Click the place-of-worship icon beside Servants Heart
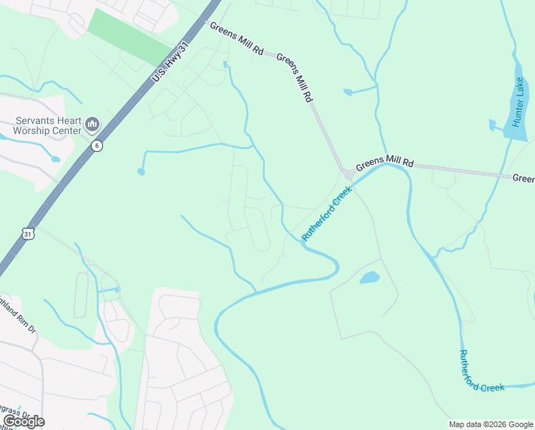pyautogui.click(x=92, y=125)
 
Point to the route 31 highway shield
pyautogui.click(x=28, y=234)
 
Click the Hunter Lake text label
pyautogui.click(x=520, y=100)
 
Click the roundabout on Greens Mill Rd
pyautogui.click(x=349, y=173)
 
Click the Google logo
pyautogui.click(x=23, y=421)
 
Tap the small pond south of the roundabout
pyautogui.click(x=369, y=278)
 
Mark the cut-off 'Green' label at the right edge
pyautogui.click(x=524, y=178)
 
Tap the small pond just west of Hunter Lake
pyautogui.click(x=492, y=125)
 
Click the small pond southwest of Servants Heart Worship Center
pyautogui.click(x=55, y=158)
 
